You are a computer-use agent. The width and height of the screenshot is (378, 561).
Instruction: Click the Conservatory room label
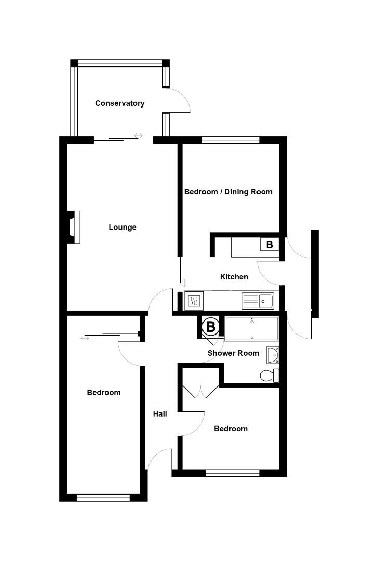pyautogui.click(x=119, y=103)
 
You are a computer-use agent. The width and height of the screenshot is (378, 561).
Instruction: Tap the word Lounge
pyautogui.click(x=123, y=227)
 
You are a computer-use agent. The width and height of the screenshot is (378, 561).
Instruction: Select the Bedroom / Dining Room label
pyautogui.click(x=228, y=192)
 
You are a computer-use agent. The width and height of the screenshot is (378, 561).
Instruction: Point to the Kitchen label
pyautogui.click(x=234, y=277)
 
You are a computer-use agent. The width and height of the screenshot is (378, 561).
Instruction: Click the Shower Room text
pyautogui.click(x=233, y=353)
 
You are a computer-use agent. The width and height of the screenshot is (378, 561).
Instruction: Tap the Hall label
pyautogui.click(x=160, y=414)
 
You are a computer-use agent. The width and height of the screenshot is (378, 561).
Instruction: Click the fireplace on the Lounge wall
pyautogui.click(x=74, y=226)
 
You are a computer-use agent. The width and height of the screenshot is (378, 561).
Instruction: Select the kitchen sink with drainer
pyautogui.click(x=258, y=300)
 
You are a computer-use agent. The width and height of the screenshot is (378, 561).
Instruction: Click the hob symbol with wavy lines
pyautogui.click(x=193, y=300)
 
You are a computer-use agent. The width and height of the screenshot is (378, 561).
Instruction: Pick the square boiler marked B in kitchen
pyautogui.click(x=269, y=244)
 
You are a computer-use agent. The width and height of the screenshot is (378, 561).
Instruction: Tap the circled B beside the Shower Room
pyautogui.click(x=211, y=327)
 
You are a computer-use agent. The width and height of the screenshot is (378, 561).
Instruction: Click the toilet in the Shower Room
pyautogui.click(x=268, y=375)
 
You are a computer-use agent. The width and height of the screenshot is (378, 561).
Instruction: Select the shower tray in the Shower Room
pyautogui.click(x=252, y=329)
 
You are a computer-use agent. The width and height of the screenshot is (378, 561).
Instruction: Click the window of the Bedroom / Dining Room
pyautogui.click(x=231, y=139)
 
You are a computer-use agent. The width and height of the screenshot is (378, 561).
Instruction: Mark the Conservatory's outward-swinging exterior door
pyautogui.click(x=178, y=100)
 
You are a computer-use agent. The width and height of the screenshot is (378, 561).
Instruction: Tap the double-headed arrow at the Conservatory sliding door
pyautogui.click(x=138, y=136)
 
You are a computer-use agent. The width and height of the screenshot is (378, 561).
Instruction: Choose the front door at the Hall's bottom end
pyautogui.click(x=160, y=460)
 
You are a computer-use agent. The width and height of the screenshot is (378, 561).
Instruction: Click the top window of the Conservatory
pyautogui.click(x=120, y=63)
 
